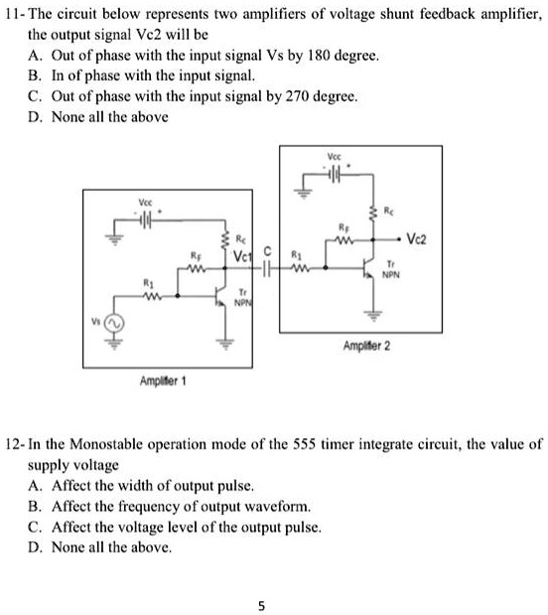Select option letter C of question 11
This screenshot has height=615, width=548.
pos(35,97)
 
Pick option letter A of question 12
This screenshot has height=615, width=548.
pos(35,487)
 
